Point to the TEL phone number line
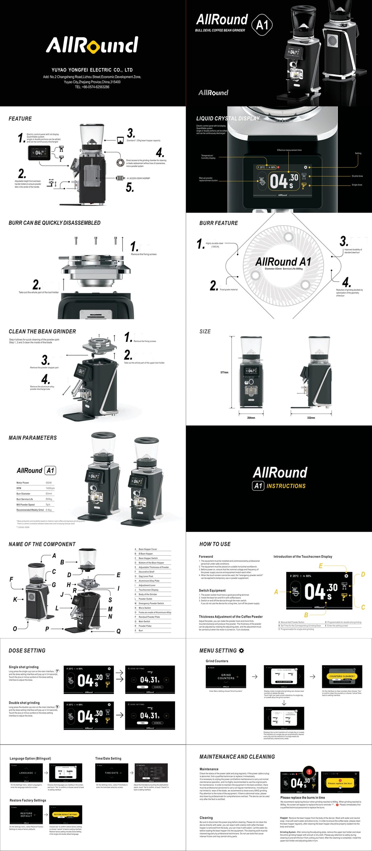coord(92,87)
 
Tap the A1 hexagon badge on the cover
coord(262,25)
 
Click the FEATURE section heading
coord(20,119)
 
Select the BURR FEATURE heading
coord(218,223)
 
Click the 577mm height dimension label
coord(225,372)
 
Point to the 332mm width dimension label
coord(311,418)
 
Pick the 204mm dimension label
coord(251,418)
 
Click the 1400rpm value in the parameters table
coord(50,488)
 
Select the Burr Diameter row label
coord(23,494)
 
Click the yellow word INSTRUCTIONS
coord(286,486)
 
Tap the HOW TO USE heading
coord(215,544)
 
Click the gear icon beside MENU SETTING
coord(242,650)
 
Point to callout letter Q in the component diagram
coord(118,631)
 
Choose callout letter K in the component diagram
coord(15,600)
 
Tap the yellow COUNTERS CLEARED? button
coord(342,676)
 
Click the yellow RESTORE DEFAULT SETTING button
coord(65,814)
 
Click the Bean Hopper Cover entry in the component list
coord(148,549)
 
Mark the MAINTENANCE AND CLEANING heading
coord(237,757)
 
